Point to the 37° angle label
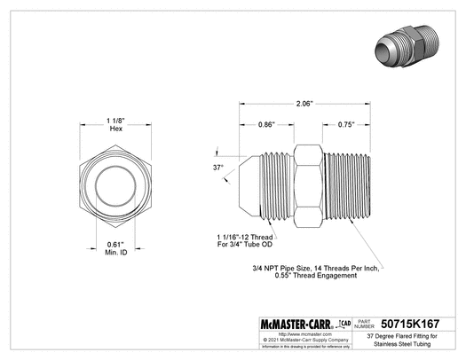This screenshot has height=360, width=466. pos(217,166)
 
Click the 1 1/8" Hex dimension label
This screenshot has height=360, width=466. pos(115,124)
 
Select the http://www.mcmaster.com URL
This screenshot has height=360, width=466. pos(289,335)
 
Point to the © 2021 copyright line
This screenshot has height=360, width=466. pos(289,340)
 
